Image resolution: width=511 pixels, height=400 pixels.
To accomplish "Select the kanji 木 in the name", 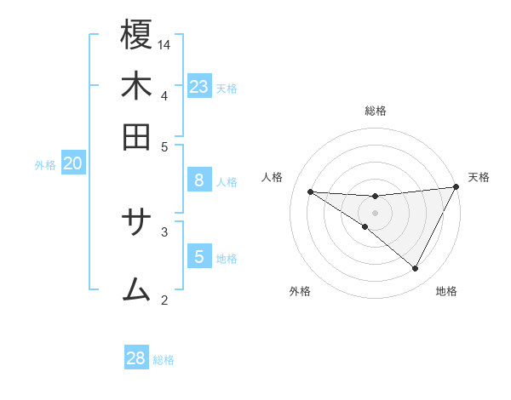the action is coord(137,87).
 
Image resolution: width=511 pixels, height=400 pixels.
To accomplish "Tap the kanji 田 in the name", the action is coord(137,136).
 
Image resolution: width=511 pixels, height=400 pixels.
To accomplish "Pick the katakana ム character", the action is coord(137,289).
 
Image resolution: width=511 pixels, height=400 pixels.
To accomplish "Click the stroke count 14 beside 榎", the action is coord(165,43).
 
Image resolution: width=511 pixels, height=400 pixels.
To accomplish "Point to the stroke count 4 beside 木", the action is coord(164,94).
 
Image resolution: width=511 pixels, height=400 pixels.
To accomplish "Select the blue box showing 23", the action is coord(199,86).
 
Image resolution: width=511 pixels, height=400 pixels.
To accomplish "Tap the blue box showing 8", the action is coord(199,180).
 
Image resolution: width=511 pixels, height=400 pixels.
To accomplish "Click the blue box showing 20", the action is coord(72,164).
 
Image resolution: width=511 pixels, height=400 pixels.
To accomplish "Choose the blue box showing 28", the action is coord(136,358).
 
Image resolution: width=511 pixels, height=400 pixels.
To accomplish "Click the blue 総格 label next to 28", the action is coord(164,360).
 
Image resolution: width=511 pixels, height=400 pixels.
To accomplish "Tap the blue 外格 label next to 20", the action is coord(45,166).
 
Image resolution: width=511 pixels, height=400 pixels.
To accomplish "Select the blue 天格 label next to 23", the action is coord(227,88).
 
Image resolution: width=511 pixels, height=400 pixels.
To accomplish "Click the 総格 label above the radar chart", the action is coord(376,111).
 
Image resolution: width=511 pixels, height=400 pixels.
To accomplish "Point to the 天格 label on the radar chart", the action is coord(479,177).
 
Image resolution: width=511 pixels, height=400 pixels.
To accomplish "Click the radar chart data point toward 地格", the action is coord(415,269).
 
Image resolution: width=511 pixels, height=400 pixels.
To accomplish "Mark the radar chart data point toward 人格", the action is coord(310,191).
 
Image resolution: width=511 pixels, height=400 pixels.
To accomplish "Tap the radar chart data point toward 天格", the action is coord(456,187).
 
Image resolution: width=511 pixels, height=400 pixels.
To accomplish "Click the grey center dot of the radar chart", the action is coord(375,212).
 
